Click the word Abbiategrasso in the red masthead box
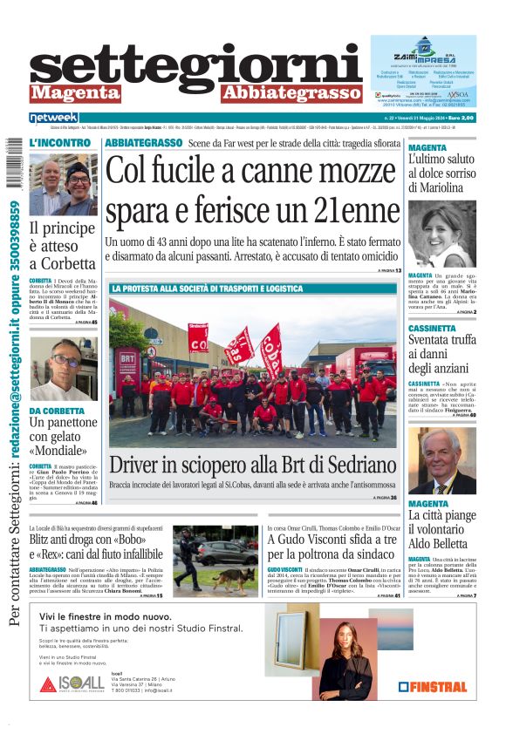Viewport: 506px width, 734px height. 291,92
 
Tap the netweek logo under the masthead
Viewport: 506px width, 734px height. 54,118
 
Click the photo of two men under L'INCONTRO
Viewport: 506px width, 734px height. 63,185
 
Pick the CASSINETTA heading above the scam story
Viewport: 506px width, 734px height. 437,329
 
